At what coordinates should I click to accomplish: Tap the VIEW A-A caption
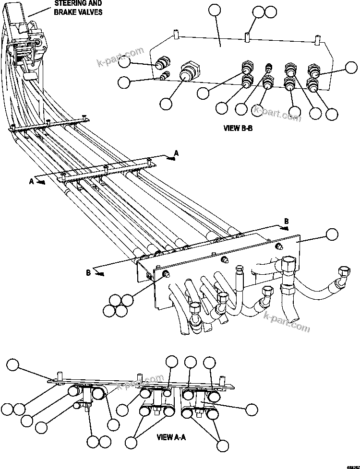point(171,437)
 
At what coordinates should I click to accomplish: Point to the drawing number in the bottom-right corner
point(351,465)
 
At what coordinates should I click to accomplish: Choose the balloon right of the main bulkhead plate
point(332,234)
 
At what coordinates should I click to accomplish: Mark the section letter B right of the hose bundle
point(287,221)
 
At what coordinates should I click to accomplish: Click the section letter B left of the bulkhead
point(88,273)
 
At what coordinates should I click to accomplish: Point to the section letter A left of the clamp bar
point(32,181)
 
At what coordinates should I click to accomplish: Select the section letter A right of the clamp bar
point(176,153)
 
